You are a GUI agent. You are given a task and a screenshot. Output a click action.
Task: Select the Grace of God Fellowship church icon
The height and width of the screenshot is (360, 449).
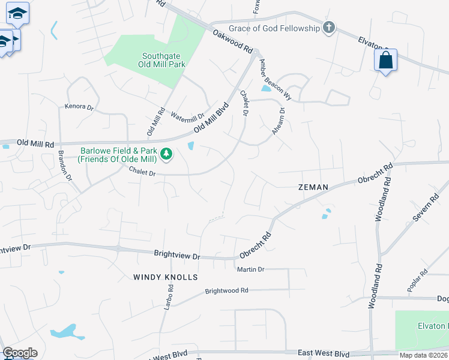pyautogui.click(x=328, y=28)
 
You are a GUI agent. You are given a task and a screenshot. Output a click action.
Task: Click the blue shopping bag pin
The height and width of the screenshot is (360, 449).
pyautogui.click(x=385, y=61)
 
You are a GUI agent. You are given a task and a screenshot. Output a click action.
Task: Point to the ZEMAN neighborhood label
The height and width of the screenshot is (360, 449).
pyautogui.click(x=313, y=187)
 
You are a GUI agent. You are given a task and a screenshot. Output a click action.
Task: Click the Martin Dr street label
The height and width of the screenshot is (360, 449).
pyautogui.click(x=250, y=270)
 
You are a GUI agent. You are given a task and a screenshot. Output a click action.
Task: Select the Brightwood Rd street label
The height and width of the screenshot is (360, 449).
pyautogui.click(x=226, y=290)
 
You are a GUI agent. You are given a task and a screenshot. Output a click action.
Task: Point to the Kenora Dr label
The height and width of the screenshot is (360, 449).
pyautogui.click(x=79, y=107)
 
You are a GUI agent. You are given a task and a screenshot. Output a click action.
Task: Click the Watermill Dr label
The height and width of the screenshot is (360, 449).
pyautogui.click(x=187, y=112)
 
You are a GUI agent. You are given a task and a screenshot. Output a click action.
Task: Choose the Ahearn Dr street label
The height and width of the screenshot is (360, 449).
pyautogui.click(x=279, y=121)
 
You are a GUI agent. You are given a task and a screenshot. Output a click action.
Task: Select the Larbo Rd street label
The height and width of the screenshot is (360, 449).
pyautogui.click(x=169, y=296)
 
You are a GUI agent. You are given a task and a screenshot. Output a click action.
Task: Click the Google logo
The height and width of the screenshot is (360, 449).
pyautogui.click(x=20, y=353)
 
